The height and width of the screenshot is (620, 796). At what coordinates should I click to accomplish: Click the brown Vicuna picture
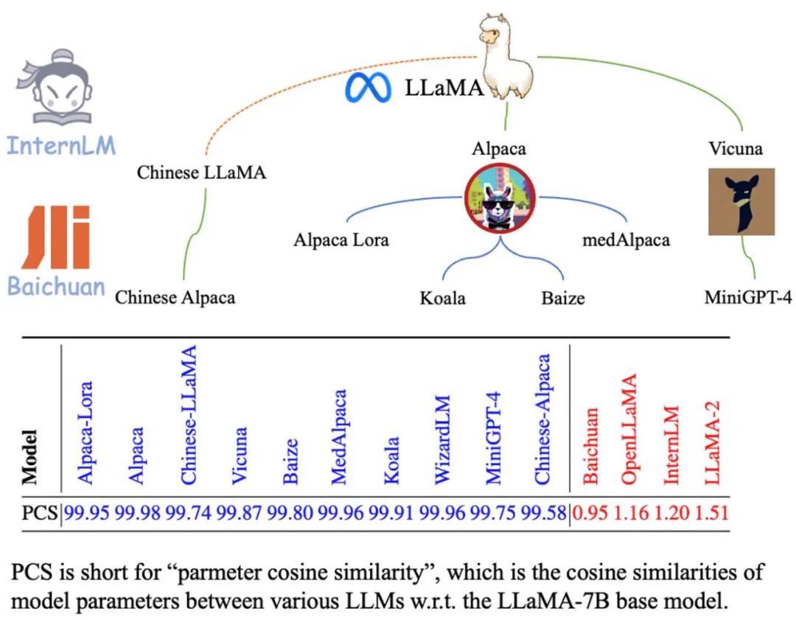click(741, 201)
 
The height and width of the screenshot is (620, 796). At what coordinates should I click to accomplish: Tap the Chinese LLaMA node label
click(201, 173)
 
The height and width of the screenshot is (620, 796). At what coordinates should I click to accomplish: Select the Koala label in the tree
click(442, 298)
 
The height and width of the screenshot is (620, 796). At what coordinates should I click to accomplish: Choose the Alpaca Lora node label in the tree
click(341, 240)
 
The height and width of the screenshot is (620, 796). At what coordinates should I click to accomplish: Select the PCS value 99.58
click(545, 512)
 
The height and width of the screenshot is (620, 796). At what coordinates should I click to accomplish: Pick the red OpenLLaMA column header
click(629, 430)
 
